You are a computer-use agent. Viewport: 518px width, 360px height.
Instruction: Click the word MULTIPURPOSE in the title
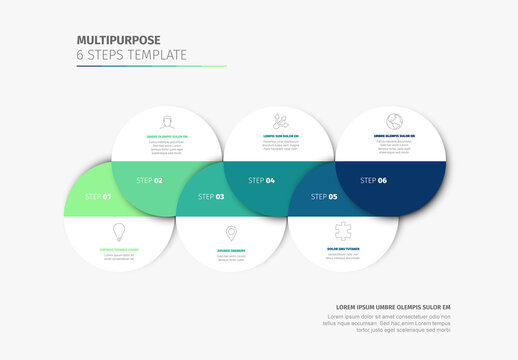pos(118,41)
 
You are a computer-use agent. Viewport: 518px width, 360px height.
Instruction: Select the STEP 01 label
pos(98,197)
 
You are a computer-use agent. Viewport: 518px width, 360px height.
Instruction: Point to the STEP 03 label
pos(211,197)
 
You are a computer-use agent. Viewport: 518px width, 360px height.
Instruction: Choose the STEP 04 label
pos(261,181)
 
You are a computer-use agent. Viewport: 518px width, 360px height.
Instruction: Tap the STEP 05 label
pos(324,197)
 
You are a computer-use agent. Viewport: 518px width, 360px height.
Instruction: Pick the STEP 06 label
pos(373,181)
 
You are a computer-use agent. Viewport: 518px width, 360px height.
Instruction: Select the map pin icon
pos(232,233)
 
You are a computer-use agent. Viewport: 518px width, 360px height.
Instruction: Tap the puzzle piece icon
pos(344,232)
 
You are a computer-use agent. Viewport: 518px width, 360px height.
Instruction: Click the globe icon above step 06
pos(391,119)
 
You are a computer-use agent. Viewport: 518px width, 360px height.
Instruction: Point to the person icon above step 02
pos(166,121)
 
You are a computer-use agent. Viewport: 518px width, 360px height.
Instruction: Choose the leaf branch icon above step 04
pos(278,120)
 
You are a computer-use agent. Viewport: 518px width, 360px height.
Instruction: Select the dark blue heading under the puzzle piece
pos(344,249)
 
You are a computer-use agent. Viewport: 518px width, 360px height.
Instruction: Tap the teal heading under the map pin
pos(232,251)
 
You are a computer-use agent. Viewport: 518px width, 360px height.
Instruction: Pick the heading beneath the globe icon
pos(391,135)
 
